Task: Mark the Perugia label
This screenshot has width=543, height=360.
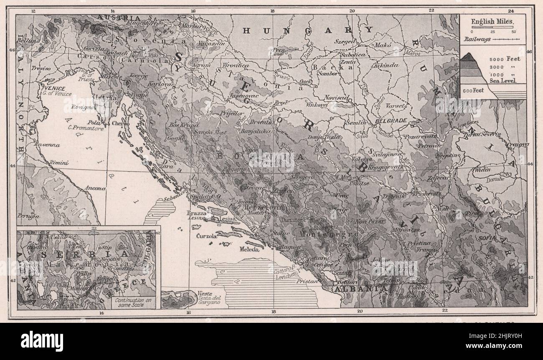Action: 28,216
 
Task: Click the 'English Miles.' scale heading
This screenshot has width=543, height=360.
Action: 492,21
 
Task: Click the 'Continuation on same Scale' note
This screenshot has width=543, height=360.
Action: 132,302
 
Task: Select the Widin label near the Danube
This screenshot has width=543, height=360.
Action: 481,170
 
